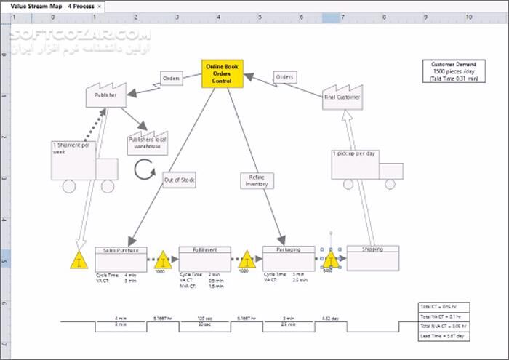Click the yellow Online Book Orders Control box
[222, 74]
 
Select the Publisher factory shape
[106, 96]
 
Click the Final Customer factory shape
[342, 97]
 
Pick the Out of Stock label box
[179, 180]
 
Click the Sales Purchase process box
[121, 259]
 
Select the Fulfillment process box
[204, 259]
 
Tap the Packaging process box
[289, 259]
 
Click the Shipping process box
[373, 258]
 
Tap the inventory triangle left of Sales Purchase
[79, 260]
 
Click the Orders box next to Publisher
[172, 78]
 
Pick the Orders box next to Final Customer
[285, 77]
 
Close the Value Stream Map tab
[99, 5]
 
